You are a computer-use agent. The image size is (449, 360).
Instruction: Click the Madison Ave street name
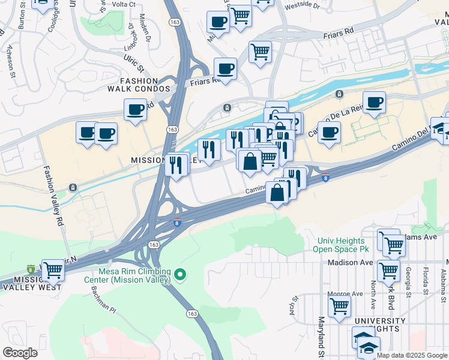coord(351,263)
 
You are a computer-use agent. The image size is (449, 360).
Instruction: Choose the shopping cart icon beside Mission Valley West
coord(54,271)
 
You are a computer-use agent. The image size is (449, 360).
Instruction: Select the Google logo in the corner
coord(20,353)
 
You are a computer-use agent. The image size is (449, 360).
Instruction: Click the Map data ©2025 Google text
coord(412,355)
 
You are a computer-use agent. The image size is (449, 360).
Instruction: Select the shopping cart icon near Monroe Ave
coord(340,307)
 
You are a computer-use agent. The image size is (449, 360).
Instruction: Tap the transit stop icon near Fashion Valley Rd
coord(73,188)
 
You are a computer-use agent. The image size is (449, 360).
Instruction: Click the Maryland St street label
coord(321,336)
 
